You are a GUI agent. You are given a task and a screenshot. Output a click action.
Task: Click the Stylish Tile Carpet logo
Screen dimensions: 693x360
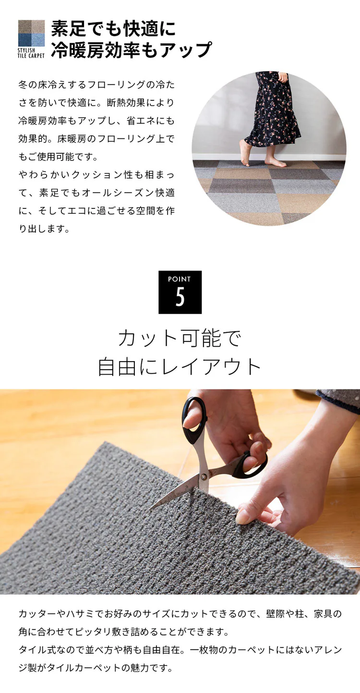[x=31, y=38]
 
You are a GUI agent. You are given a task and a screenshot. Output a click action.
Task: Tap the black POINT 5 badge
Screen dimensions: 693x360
[x=180, y=292]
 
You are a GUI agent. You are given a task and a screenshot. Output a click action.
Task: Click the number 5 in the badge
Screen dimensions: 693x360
[x=180, y=298]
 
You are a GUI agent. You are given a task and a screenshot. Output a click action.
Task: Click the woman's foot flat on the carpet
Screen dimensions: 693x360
[x=276, y=163]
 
